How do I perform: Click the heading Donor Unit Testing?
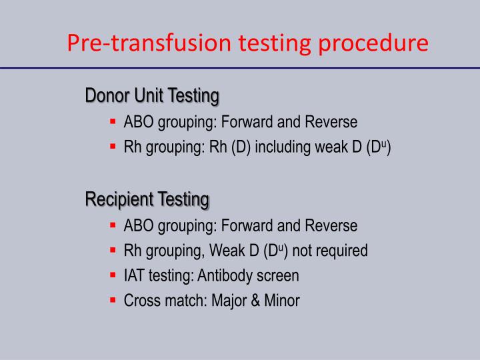(152, 96)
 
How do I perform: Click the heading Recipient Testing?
(147, 199)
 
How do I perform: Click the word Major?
(229, 301)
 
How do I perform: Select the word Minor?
(282, 301)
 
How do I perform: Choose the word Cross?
(140, 301)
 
